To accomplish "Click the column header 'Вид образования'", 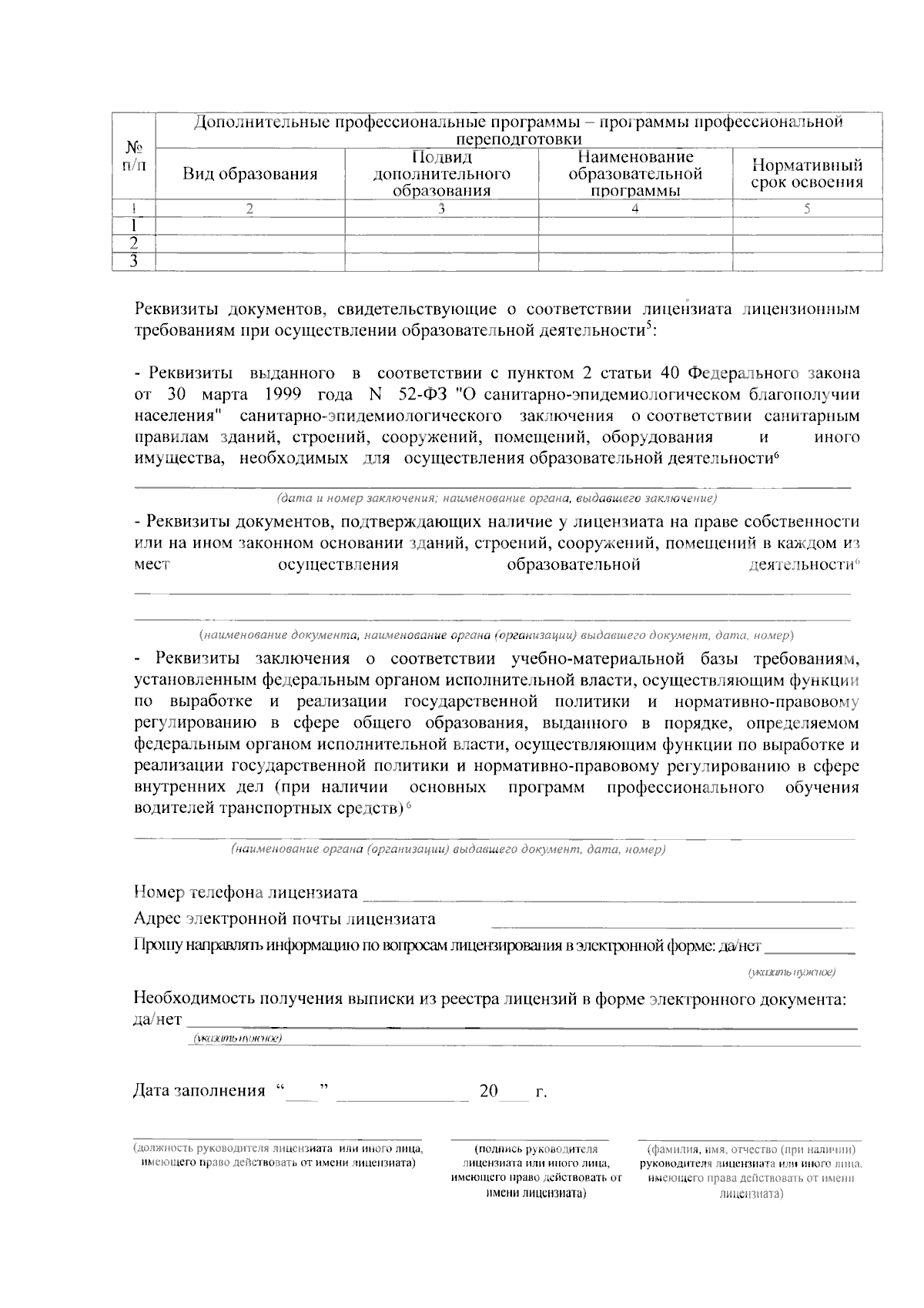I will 250,174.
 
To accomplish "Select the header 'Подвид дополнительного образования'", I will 441,174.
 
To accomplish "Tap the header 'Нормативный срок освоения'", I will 806,174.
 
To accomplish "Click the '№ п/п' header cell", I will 134,156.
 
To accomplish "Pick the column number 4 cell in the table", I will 634,209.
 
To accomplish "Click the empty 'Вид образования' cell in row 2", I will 250,243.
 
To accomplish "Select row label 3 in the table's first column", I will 134,262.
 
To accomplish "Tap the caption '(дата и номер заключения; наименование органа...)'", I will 497,498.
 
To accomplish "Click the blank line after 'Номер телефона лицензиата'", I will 608,894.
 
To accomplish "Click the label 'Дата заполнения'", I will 199,1091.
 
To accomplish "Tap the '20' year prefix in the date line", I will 488,1091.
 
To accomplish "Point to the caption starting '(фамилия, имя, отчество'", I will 751,1171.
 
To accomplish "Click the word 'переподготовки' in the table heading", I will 518,139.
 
